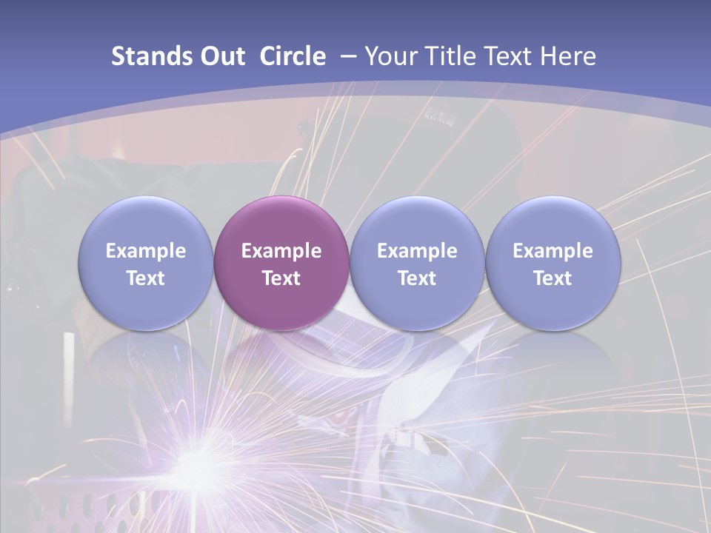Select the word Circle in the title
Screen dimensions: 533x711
[293, 56]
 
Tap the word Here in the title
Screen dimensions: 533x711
[568, 56]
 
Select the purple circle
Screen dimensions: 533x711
[281, 263]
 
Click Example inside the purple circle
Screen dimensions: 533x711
[281, 251]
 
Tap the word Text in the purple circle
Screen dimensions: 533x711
[281, 278]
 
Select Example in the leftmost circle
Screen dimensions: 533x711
[145, 251]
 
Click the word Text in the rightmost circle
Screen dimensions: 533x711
[553, 278]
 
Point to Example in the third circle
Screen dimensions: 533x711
[417, 251]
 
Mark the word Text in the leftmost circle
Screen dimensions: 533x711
[145, 278]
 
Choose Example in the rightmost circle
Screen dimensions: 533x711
[553, 251]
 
